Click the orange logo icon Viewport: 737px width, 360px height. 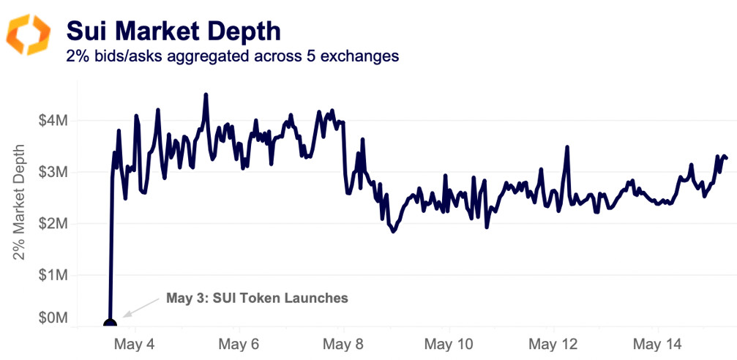(29, 34)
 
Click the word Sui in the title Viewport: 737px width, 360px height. (86, 31)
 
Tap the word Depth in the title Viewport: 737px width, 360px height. (246, 31)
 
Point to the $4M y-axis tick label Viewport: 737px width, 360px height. (56, 120)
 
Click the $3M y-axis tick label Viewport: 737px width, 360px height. (56, 172)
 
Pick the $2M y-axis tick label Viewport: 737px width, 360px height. (56, 224)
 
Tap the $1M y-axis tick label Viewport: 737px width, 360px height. (56, 276)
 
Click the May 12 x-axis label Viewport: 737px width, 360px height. (553, 344)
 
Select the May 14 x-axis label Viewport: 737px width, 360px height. (656, 344)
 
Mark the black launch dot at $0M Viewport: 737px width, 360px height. (110, 323)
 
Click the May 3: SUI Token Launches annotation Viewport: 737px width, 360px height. (257, 298)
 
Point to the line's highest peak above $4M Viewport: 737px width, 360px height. (206, 95)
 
